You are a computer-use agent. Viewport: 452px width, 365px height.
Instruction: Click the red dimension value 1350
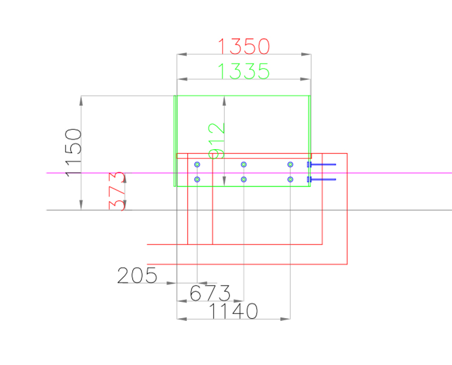tap(244, 46)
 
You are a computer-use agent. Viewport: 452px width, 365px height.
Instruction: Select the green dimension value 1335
tap(244, 71)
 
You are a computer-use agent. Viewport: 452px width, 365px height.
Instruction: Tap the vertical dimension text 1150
tap(73, 153)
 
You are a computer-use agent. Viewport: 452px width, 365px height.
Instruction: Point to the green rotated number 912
tap(216, 141)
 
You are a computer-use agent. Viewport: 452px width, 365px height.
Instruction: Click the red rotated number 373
tap(117, 191)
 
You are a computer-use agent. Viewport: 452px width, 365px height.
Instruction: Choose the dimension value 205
tap(137, 275)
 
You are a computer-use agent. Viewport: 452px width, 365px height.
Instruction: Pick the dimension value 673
tap(210, 293)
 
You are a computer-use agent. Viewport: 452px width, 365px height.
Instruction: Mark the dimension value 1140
tap(233, 311)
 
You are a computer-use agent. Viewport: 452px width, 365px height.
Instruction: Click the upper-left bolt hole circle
tap(197, 164)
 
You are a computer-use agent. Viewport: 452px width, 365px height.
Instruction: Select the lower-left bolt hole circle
tap(197, 179)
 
